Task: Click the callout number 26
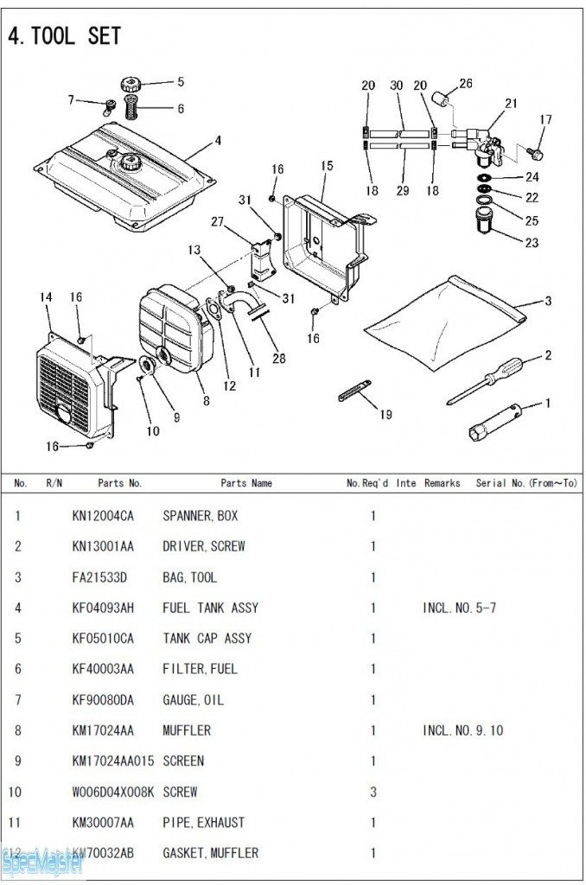pos(466,84)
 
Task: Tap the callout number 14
pos(47,297)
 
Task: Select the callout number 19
pos(385,415)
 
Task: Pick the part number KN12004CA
pos(103,516)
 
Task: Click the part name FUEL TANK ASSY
pos(210,608)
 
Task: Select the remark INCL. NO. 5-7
pos(459,608)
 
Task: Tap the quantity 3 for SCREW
pos(373,792)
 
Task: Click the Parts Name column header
pos(246,483)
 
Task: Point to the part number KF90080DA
pos(103,700)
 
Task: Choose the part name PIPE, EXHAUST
pos(203,822)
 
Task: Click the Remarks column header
pos(442,483)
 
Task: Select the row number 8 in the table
pos(18,730)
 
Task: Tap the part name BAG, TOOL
pos(189,577)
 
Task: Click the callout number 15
pos(327,165)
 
